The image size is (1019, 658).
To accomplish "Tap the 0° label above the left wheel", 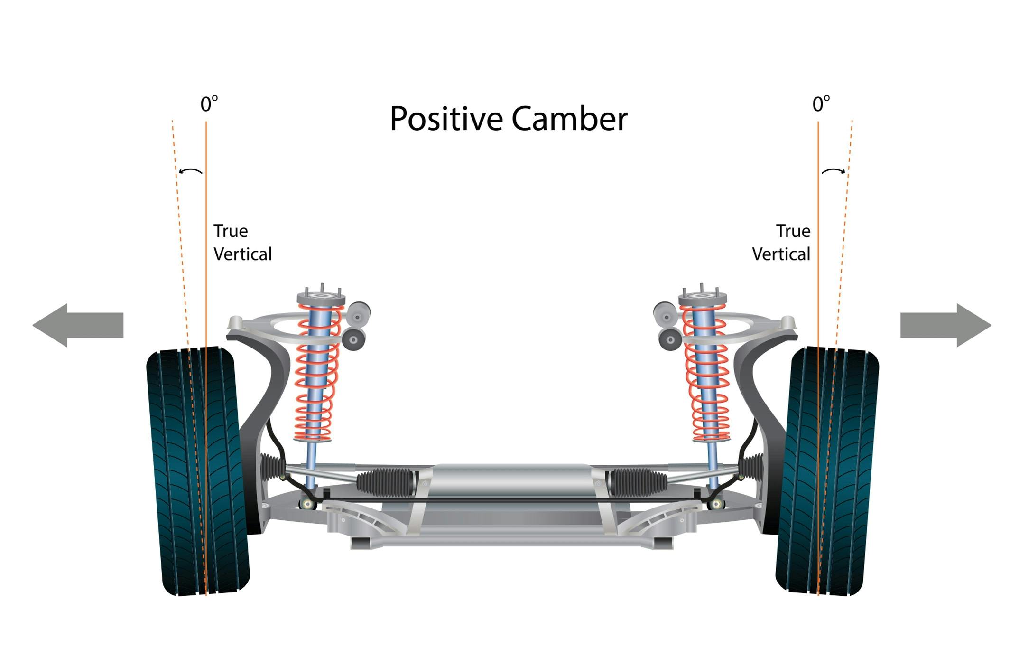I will click(209, 104).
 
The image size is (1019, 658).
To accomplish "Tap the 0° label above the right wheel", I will click(821, 104).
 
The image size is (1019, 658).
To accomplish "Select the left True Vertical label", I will click(242, 243).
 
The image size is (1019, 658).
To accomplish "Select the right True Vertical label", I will click(781, 243).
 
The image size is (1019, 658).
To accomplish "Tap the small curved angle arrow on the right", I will click(834, 170).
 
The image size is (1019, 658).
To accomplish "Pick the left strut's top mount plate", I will click(321, 298).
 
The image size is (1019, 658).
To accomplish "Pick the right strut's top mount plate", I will click(702, 298).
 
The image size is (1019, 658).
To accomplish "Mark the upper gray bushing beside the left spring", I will click(359, 312).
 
